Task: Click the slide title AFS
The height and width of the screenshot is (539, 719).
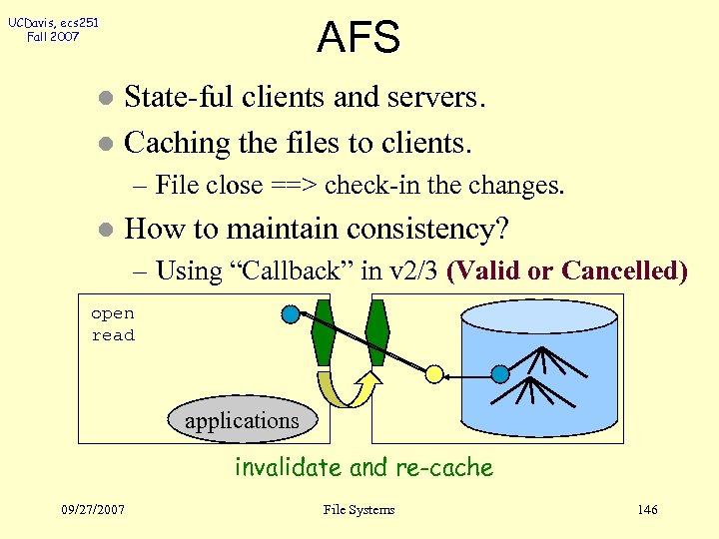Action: click(359, 37)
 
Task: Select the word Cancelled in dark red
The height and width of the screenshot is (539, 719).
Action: click(625, 270)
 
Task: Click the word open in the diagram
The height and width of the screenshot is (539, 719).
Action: click(112, 313)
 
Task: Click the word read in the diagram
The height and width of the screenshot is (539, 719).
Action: click(112, 335)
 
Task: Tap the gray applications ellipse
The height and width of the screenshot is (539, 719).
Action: click(242, 420)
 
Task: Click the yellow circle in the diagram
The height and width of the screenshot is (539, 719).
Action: click(434, 374)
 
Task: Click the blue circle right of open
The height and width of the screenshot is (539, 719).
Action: click(291, 314)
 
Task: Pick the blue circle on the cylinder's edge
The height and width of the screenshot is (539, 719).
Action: click(500, 374)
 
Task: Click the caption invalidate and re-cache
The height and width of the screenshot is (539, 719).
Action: click(363, 467)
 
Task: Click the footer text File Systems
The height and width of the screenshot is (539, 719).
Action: click(359, 510)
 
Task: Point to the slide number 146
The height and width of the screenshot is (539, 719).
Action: click(647, 510)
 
